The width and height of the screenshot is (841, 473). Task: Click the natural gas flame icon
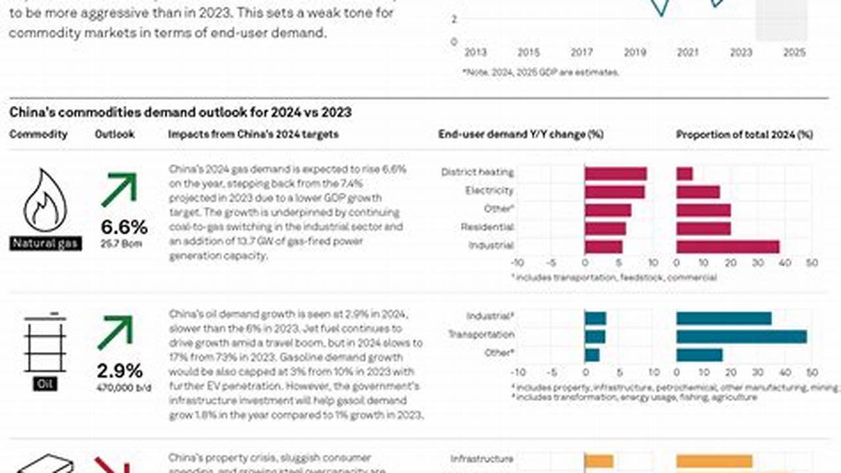tap(45, 200)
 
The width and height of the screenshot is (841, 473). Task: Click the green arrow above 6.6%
tap(119, 190)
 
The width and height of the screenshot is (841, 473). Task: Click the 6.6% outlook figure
tap(124, 227)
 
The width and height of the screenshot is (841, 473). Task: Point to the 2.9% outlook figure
tap(120, 370)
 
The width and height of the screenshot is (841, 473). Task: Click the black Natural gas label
tap(45, 244)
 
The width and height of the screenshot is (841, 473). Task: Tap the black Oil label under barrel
tap(45, 384)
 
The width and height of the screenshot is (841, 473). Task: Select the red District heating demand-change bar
tap(615, 173)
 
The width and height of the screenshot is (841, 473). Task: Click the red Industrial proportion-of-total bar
tap(727, 246)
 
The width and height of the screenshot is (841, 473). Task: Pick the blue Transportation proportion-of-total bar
tap(741, 336)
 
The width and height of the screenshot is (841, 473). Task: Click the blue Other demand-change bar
tap(592, 355)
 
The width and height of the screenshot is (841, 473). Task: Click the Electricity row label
tap(489, 191)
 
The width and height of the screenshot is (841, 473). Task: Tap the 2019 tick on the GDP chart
tap(635, 53)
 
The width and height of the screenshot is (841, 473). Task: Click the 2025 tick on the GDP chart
tap(794, 53)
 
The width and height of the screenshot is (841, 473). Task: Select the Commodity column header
tap(38, 134)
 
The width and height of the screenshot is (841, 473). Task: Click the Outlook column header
tap(114, 134)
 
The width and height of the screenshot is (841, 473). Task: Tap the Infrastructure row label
tap(481, 459)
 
